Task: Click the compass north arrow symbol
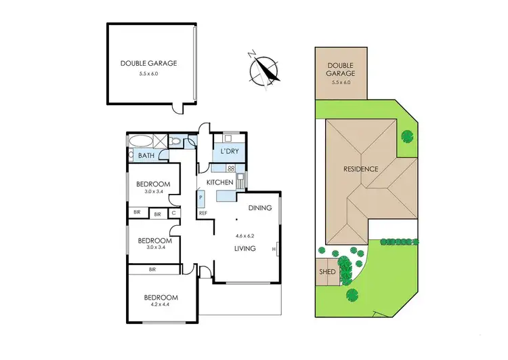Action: point(263,71)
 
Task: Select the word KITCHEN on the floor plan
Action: point(219,183)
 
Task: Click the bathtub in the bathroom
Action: point(140,142)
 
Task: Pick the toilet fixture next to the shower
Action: point(175,142)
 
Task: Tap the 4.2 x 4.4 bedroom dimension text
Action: point(160,305)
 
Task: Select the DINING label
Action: point(260,208)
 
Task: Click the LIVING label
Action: point(245,249)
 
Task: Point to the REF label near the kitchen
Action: point(203,214)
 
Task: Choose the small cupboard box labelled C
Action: point(174,214)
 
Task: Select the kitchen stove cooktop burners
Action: point(231,168)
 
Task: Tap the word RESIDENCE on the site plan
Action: point(360,169)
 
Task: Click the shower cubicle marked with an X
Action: point(160,141)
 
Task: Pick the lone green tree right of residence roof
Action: point(406,136)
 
